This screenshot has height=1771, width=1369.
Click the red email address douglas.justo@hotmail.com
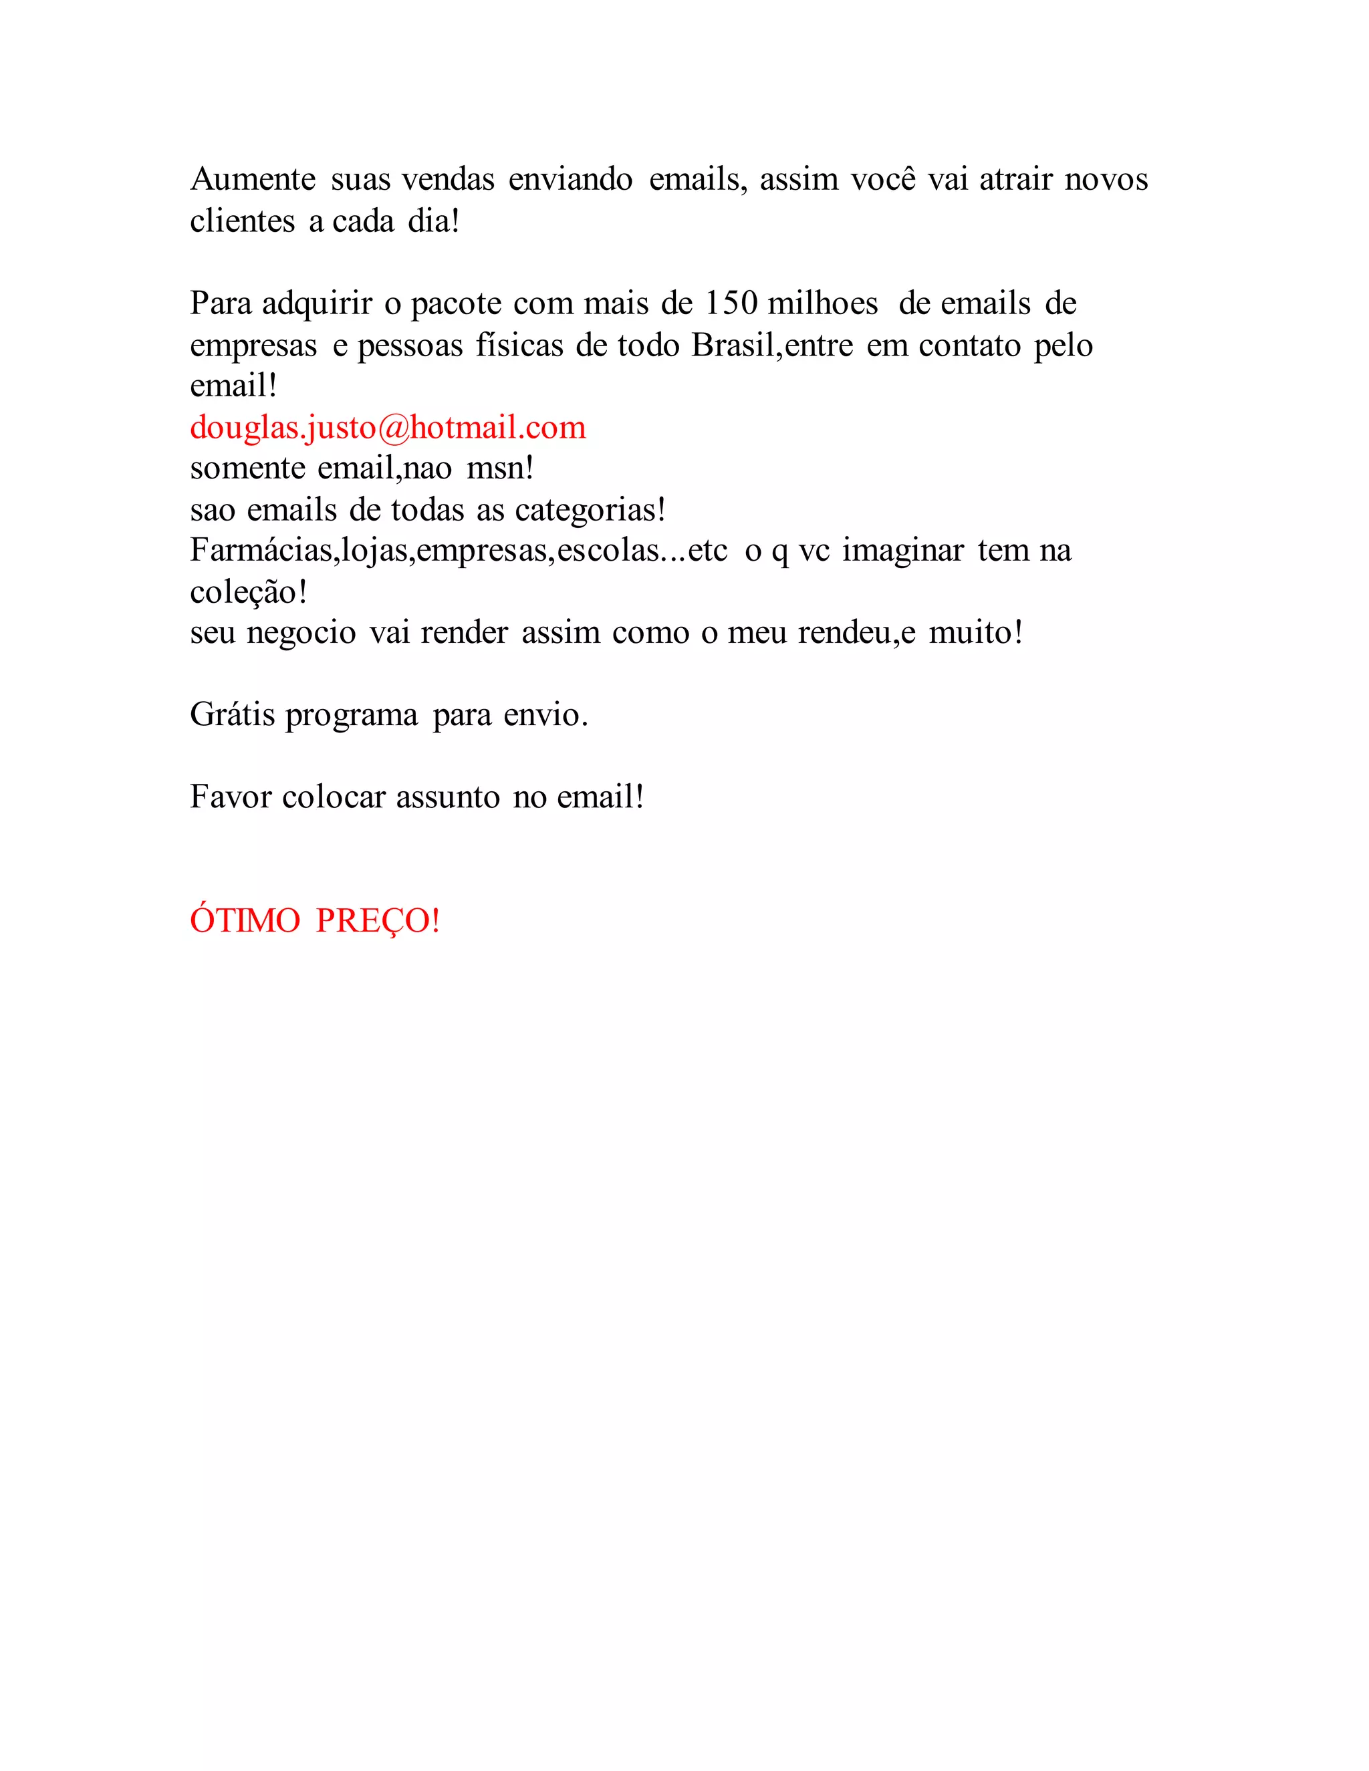click(388, 427)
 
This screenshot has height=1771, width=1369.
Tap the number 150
click(731, 303)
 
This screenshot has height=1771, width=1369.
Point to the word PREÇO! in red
click(378, 920)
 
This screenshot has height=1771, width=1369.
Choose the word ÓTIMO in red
click(245, 920)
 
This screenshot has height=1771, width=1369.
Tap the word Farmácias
click(262, 551)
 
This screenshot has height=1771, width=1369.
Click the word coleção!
click(248, 592)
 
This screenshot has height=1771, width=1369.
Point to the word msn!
click(501, 468)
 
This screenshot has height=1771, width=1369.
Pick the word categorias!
click(590, 510)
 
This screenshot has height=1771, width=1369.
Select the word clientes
click(243, 221)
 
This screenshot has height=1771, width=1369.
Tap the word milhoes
click(822, 303)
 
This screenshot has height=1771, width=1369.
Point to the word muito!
click(976, 632)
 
